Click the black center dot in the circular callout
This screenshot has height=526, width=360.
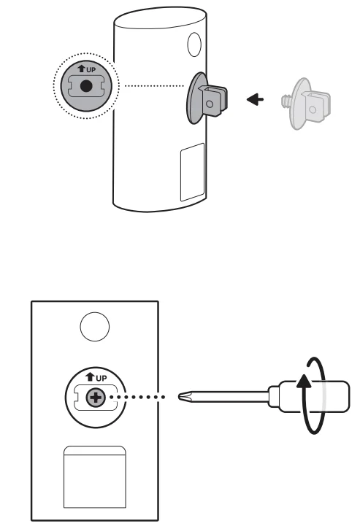(86, 86)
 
